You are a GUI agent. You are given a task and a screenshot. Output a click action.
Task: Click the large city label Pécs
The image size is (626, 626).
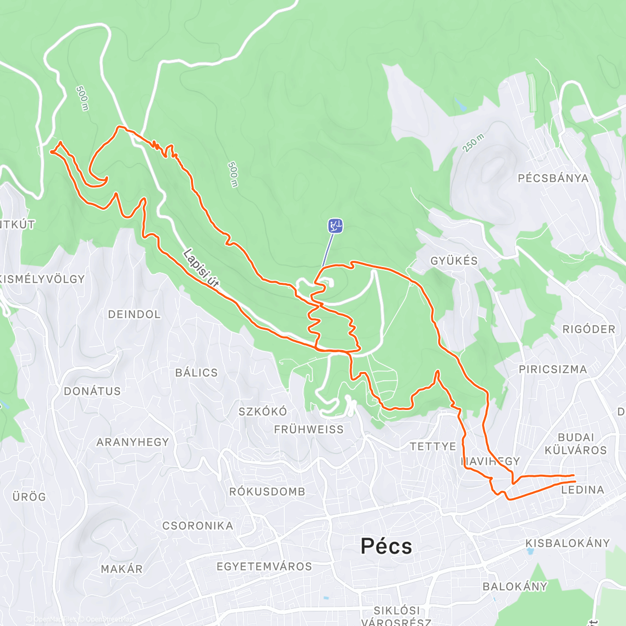[386, 546]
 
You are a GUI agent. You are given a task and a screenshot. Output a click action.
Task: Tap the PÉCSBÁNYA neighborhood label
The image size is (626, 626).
[553, 178]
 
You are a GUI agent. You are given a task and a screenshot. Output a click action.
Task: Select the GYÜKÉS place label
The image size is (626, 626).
[454, 261]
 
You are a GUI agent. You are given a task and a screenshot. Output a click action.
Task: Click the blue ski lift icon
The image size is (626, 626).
[335, 226]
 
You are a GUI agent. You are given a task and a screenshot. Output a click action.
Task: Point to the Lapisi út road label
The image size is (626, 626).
[201, 269]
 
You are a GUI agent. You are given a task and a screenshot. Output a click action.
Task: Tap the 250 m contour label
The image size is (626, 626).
[473, 143]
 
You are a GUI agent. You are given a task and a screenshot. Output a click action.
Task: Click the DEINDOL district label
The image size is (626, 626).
[134, 315]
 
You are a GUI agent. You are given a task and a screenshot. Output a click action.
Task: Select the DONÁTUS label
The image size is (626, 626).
[92, 391]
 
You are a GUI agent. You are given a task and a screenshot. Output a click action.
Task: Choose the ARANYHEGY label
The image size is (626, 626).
[133, 442]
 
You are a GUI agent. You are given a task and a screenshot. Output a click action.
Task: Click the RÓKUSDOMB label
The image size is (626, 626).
[267, 492]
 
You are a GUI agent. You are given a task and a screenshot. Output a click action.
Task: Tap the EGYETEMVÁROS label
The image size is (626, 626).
[264, 567]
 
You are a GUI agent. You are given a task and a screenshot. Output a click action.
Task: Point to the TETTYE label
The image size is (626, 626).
[433, 447]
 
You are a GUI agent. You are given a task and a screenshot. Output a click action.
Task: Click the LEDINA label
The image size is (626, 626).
[583, 490]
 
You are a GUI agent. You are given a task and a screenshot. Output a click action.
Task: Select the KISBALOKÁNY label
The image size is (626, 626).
[568, 543]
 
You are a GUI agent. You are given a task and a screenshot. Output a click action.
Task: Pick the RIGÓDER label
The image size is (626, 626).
[589, 329]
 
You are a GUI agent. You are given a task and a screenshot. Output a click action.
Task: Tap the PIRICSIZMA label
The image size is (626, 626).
[552, 369]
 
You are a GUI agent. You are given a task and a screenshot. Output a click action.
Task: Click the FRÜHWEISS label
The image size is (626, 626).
[309, 430]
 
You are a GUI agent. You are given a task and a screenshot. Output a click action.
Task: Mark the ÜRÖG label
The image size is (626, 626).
[29, 497]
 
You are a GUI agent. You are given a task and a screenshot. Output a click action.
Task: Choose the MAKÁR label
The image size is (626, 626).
[122, 569]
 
